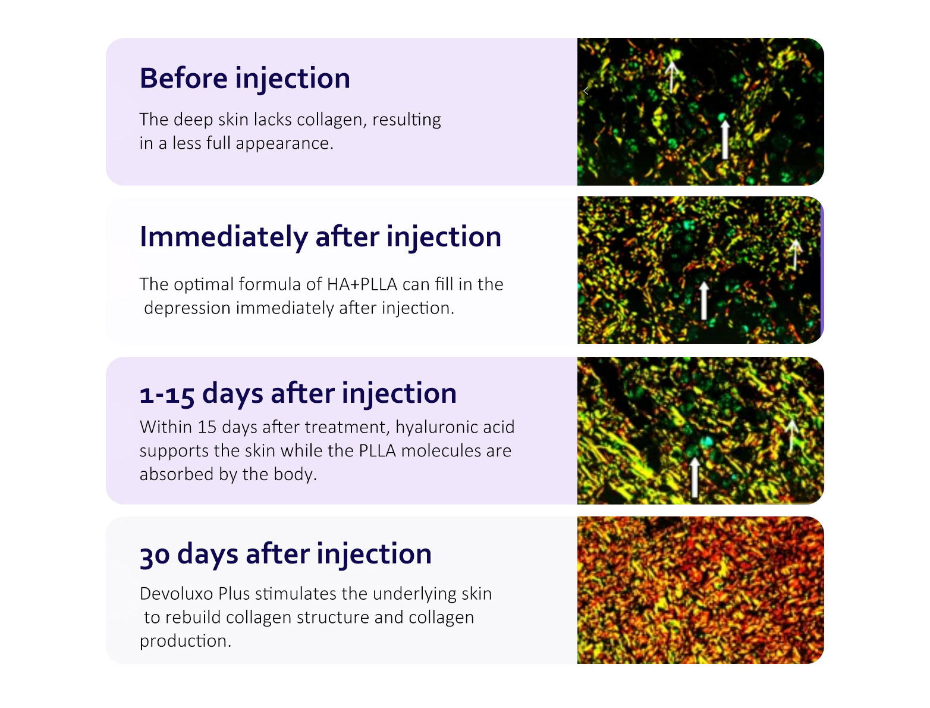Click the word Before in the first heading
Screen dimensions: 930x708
(184, 79)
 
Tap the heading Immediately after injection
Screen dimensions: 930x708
(321, 237)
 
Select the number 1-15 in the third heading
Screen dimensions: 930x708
(167, 394)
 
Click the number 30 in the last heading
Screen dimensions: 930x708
(155, 555)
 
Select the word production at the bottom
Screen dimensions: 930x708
(185, 641)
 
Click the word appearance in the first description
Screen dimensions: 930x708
(284, 144)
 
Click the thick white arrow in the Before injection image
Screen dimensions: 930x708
(725, 139)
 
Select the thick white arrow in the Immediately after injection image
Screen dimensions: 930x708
(704, 301)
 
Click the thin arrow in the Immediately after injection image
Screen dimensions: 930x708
(795, 255)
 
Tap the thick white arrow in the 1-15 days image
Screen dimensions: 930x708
(695, 478)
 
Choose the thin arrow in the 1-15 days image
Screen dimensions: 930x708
(791, 436)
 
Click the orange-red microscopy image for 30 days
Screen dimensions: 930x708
(700, 590)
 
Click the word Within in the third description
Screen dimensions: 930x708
(166, 427)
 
